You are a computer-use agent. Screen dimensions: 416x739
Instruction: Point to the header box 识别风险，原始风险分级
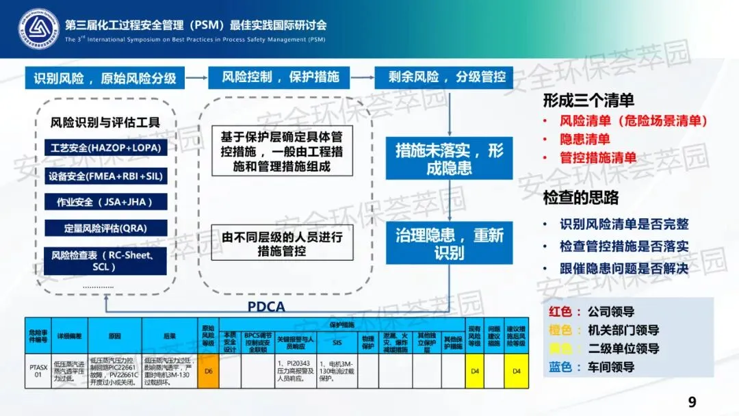tap(105, 77)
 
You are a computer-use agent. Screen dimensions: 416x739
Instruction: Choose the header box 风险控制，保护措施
tap(280, 77)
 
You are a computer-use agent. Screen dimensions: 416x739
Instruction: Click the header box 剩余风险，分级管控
tap(443, 77)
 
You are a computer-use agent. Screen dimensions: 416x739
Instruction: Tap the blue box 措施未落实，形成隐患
tap(449, 159)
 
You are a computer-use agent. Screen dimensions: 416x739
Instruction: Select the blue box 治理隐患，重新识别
tap(449, 244)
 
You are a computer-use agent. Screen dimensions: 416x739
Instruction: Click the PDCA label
tap(265, 307)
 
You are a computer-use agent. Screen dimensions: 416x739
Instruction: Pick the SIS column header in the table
tap(337, 342)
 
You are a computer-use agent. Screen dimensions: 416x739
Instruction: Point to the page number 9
tap(692, 402)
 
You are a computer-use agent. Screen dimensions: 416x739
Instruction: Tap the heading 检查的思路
tap(580, 198)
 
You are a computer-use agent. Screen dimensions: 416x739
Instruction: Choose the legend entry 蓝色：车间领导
tap(593, 367)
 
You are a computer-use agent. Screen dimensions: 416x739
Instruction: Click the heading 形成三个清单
tap(588, 101)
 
